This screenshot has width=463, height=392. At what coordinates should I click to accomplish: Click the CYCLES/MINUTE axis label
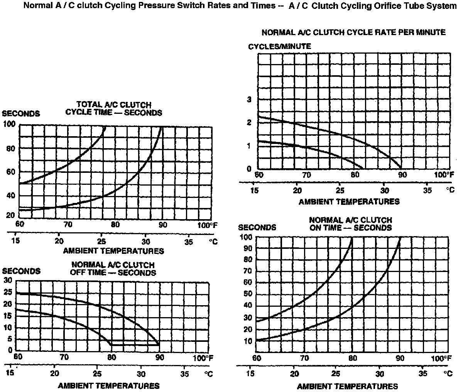(279, 46)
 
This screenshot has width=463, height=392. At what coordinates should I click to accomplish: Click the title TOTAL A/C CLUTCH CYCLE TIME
(114, 109)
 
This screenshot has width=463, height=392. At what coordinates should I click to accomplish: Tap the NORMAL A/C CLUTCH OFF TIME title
(113, 269)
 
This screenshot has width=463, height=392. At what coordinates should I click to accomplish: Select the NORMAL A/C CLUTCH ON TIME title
(351, 224)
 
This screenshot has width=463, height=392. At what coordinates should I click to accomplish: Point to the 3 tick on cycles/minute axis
(249, 100)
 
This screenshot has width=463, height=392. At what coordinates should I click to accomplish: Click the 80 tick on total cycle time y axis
(11, 148)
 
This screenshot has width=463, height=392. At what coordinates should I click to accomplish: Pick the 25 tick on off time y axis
(8, 292)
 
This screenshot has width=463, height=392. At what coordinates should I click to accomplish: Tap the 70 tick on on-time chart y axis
(247, 271)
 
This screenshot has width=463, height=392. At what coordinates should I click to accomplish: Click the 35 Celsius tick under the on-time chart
(424, 373)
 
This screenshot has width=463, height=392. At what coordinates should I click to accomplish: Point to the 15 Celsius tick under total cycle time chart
(15, 241)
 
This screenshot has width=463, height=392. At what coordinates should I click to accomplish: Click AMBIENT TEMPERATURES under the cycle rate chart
(349, 201)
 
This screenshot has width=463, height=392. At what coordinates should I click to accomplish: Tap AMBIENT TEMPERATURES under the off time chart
(108, 385)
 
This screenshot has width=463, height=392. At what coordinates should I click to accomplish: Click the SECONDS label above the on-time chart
(257, 227)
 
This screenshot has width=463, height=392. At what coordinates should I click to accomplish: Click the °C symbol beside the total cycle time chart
(213, 242)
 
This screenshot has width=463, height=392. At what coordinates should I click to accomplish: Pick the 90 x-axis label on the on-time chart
(400, 358)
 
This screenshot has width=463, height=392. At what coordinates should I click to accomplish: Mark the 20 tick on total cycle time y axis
(11, 215)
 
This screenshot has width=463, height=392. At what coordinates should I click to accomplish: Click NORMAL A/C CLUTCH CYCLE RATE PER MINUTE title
(353, 32)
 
